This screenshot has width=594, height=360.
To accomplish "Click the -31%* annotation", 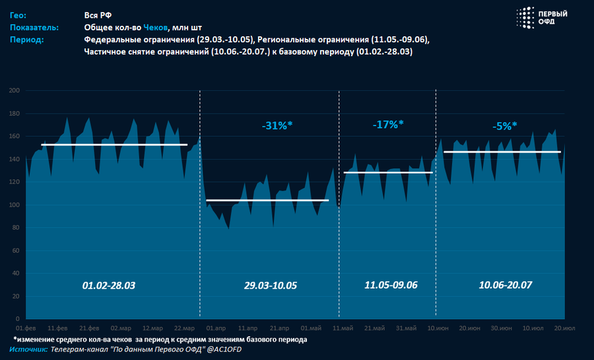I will coord(277,125).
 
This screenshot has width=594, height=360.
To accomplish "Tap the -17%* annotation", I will coord(388,124).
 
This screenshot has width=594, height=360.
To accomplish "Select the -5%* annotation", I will coord(505,126).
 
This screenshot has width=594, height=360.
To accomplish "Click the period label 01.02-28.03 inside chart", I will coord(108,285).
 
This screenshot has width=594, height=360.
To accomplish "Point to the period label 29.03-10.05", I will coord(271,285).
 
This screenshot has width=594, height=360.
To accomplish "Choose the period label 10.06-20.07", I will coord(506,285).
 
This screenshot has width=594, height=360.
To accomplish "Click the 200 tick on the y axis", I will coord(14,90).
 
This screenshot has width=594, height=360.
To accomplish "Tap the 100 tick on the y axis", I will coord(14,205).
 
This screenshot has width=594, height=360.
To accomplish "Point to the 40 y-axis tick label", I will coord(16,274).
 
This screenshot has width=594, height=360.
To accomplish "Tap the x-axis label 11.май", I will coord(342,328).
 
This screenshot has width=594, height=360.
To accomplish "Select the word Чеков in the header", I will coord(156,27).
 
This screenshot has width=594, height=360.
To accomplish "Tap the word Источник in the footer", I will coord(28,349).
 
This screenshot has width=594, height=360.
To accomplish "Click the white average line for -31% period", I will coord(267,200).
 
